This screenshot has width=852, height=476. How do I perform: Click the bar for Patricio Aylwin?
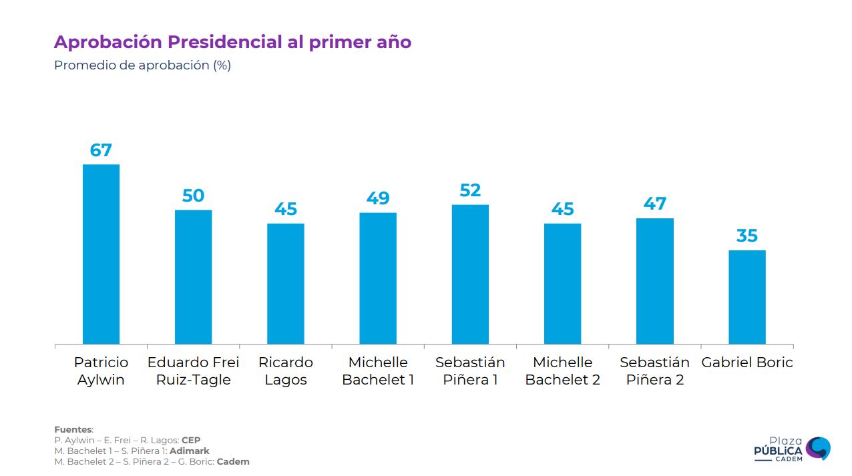(x=101, y=254)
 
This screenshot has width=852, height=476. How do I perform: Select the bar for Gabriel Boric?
(x=747, y=297)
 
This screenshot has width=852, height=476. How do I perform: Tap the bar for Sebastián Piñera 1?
(x=470, y=274)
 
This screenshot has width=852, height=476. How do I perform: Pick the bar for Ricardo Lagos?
(x=286, y=284)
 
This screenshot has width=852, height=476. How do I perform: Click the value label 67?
(x=101, y=150)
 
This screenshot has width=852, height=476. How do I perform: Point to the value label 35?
(x=747, y=236)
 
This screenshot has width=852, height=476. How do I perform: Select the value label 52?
(x=470, y=190)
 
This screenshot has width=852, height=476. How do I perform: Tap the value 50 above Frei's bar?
(x=193, y=196)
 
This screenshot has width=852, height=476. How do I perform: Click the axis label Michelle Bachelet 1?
(x=378, y=371)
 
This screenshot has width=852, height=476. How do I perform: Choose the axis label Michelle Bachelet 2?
(x=562, y=371)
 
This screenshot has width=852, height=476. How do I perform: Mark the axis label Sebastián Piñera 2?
(x=654, y=371)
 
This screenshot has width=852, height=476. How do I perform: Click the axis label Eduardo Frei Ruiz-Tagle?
(x=193, y=371)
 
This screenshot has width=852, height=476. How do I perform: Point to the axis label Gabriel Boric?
(x=747, y=363)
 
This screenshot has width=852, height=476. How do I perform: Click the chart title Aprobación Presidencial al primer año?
(x=232, y=42)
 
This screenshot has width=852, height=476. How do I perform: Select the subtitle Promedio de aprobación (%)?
(x=142, y=65)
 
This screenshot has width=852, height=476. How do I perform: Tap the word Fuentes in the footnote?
(x=73, y=429)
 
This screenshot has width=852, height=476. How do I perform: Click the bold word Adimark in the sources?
(x=190, y=451)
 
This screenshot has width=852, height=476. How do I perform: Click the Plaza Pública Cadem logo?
(x=792, y=449)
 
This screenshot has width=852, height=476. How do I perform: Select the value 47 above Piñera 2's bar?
(x=654, y=204)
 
